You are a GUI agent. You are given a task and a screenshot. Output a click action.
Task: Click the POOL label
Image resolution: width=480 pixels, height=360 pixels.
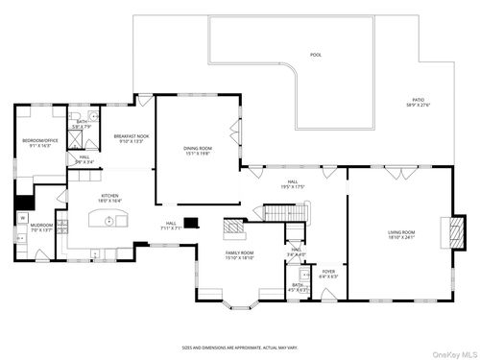point(316,55)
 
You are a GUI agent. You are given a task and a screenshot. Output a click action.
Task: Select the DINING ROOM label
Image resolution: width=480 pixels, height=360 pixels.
point(197,148)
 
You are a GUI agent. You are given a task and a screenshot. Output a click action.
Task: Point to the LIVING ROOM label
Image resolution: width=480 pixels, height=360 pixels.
point(400,232)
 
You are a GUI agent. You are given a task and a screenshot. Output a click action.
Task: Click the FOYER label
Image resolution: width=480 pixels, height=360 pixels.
point(328,272)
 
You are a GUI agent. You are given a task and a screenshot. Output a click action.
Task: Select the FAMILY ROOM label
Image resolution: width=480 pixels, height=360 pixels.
point(239,254)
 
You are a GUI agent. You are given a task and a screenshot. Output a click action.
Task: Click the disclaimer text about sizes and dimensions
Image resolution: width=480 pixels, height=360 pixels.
point(239,348)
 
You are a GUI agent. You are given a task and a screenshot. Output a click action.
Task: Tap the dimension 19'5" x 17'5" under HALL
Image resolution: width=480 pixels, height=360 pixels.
point(293,187)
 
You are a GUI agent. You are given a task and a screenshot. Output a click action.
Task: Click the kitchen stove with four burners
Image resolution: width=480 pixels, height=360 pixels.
point(62,228)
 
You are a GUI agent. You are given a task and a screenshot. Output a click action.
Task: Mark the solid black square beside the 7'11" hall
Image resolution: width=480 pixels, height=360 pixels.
point(191,224)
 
